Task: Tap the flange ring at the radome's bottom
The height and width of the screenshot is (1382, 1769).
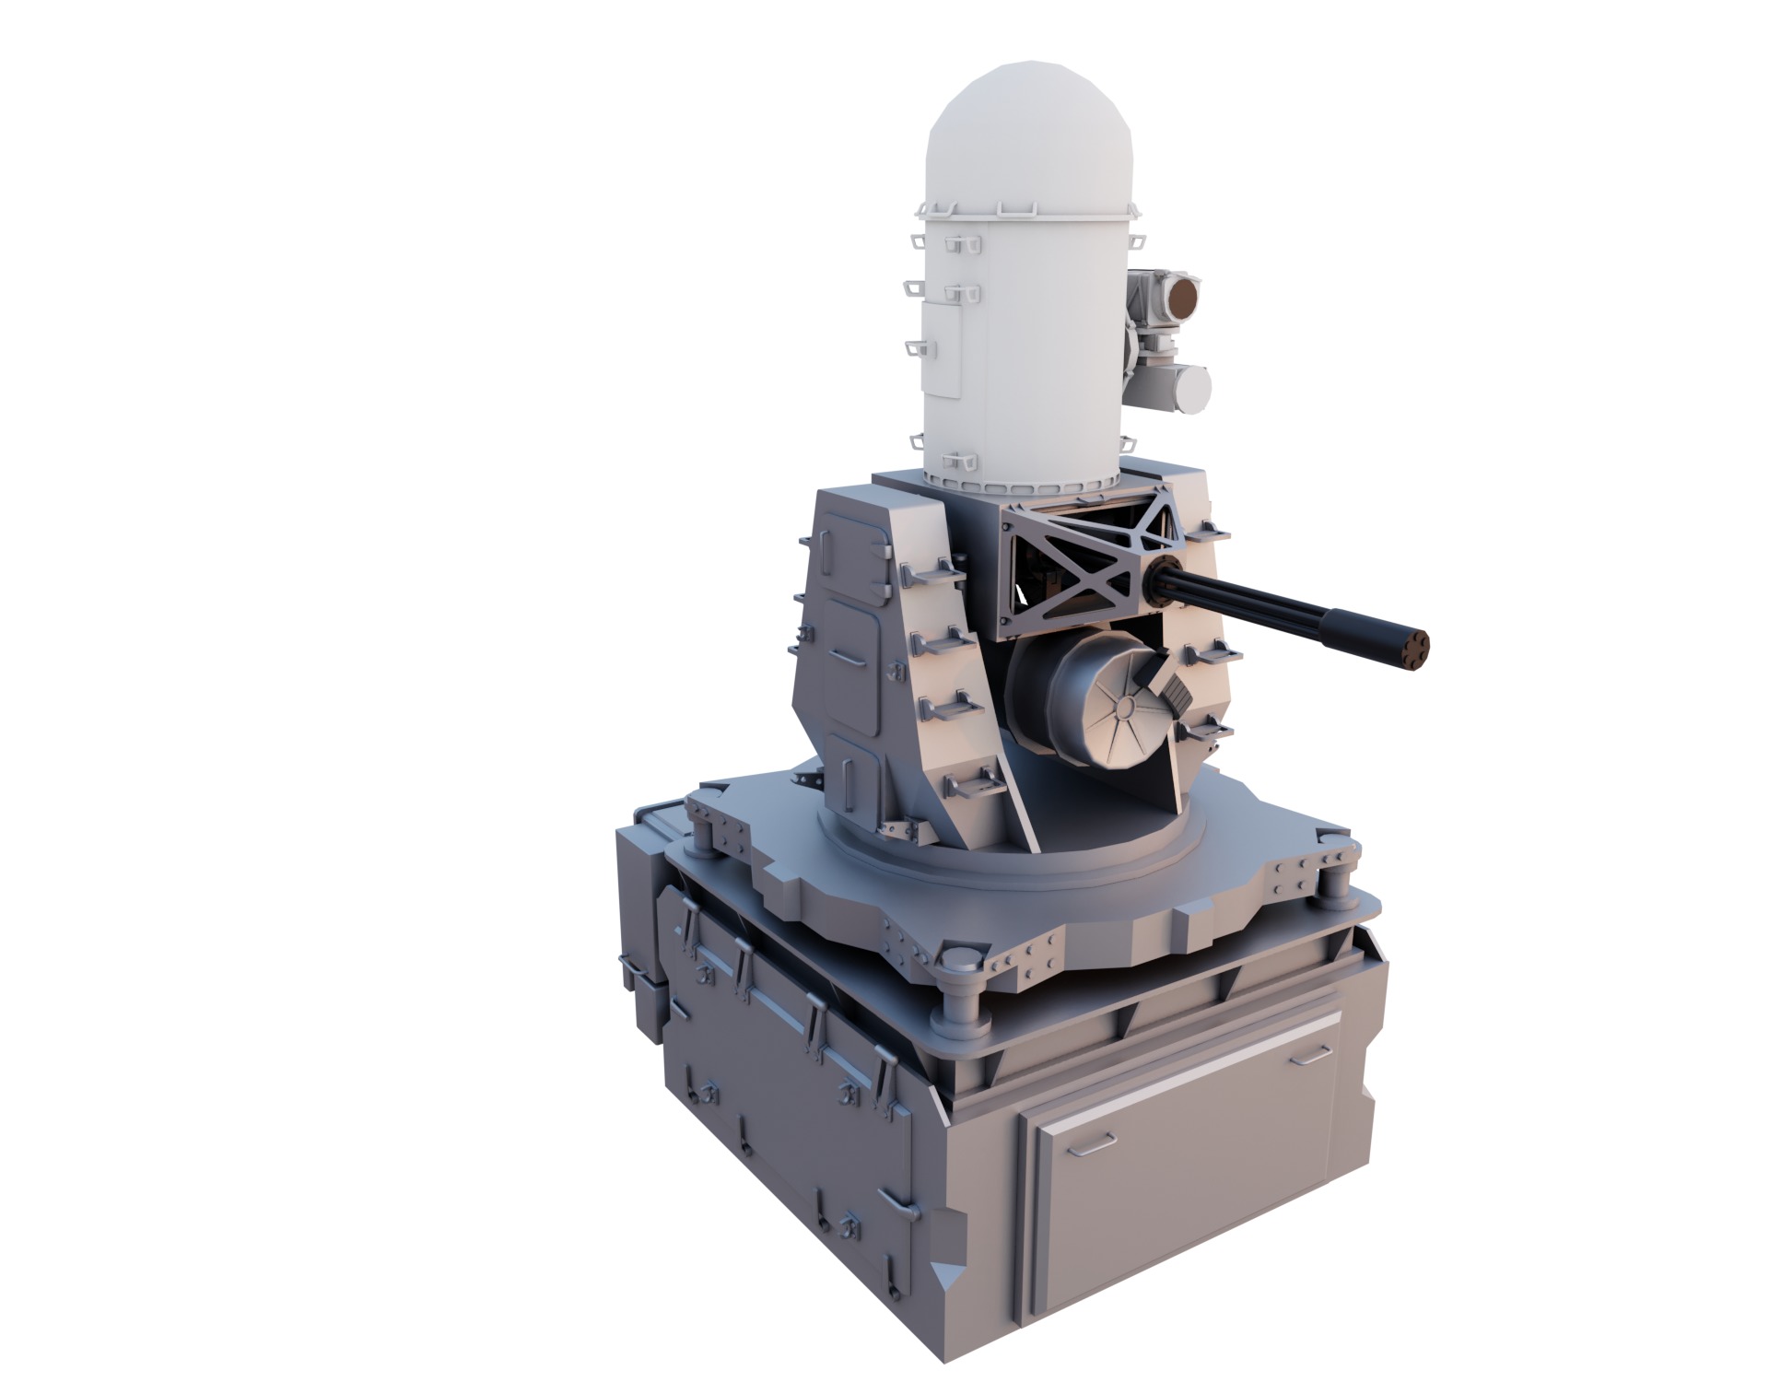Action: point(1023,486)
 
